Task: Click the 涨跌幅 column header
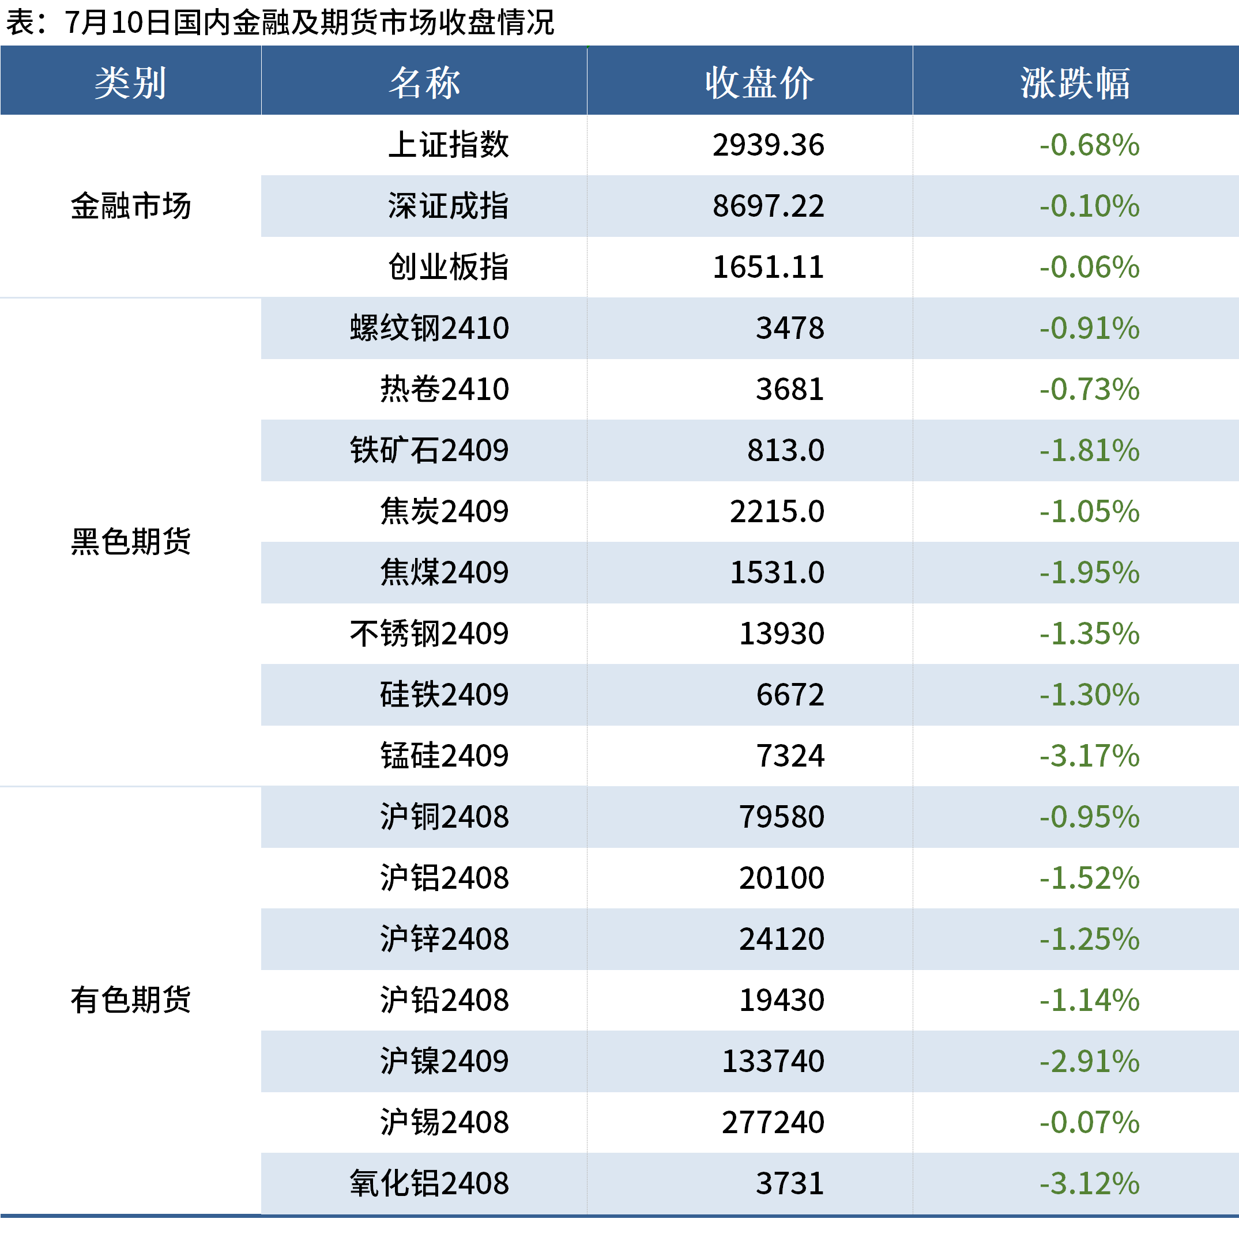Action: click(x=1075, y=83)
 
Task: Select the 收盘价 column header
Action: click(x=759, y=83)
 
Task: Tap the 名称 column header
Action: click(x=424, y=83)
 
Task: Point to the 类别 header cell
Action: click(x=131, y=83)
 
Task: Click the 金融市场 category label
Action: click(x=131, y=206)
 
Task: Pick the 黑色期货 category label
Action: click(x=131, y=541)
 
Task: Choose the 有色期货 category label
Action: click(x=131, y=999)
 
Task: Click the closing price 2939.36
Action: click(x=768, y=145)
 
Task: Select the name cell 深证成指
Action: click(x=448, y=206)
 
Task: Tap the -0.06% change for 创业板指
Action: click(x=1089, y=267)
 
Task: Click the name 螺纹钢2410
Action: click(x=430, y=328)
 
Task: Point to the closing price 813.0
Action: click(x=785, y=451)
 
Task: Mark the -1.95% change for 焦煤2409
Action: click(x=1089, y=573)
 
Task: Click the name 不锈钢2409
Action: click(x=430, y=633)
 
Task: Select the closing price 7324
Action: click(x=790, y=756)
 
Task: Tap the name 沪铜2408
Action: click(x=445, y=817)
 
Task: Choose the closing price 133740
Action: click(x=773, y=1062)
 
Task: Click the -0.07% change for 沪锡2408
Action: click(x=1089, y=1122)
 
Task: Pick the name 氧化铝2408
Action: click(x=430, y=1184)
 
